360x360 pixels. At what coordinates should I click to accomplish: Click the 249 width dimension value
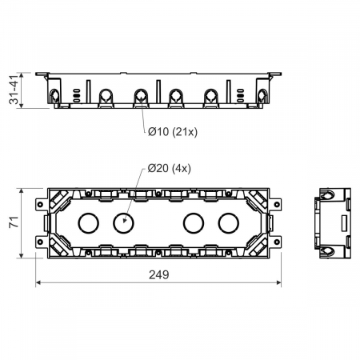coord(158,274)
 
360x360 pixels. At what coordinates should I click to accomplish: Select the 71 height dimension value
coord(14,222)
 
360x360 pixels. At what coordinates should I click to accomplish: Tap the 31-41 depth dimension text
coord(14,90)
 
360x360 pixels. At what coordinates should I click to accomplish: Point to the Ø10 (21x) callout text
coord(173,132)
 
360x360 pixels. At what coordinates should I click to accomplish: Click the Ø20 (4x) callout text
coord(170,168)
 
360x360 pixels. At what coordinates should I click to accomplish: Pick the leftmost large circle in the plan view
coord(89,223)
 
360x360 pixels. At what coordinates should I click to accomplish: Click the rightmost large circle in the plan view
coord(229,223)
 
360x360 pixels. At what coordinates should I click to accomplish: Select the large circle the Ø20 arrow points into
coord(123,223)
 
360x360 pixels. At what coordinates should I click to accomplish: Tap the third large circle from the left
coord(194,223)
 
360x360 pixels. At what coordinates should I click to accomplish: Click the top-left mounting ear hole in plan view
coord(40,205)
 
